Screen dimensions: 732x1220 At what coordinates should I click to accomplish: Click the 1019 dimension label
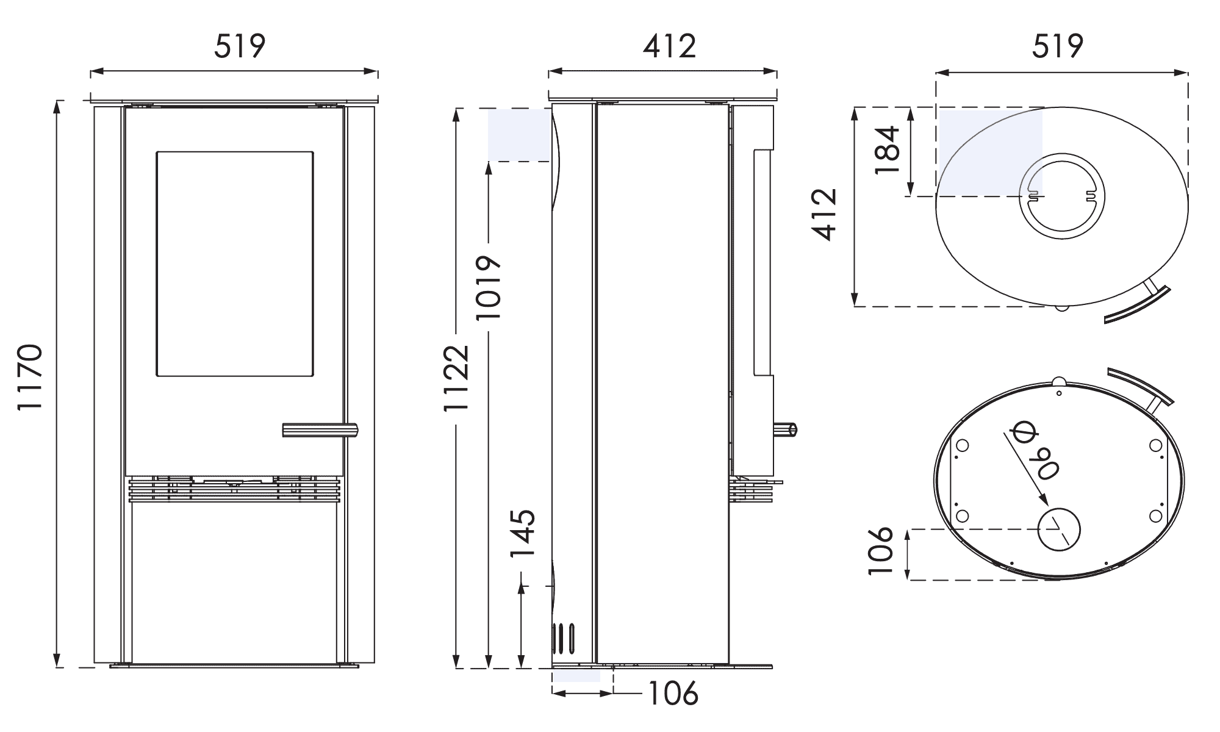489,287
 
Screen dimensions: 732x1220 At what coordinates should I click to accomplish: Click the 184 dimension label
887,150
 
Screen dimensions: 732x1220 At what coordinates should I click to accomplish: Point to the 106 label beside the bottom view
880,551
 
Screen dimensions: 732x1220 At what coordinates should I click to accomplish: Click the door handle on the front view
320,430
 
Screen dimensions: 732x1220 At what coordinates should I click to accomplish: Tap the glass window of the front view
235,264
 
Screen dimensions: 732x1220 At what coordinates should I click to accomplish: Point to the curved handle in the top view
1138,306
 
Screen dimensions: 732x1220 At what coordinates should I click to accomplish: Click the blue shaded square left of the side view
519,135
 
